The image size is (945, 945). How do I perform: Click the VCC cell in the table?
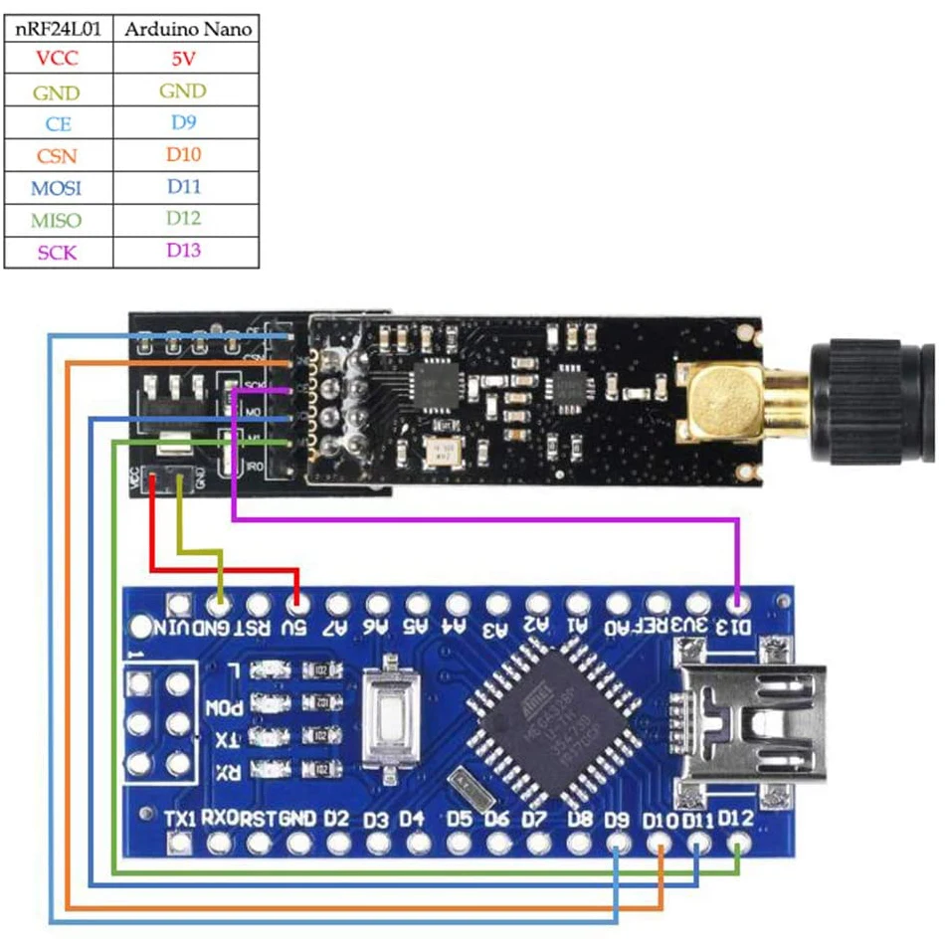[x=57, y=59]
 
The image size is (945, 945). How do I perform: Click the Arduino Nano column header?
[x=186, y=29]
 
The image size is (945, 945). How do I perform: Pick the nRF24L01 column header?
[x=58, y=29]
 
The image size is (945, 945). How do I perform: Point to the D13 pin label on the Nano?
[x=735, y=626]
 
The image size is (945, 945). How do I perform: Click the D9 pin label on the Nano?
[x=618, y=820]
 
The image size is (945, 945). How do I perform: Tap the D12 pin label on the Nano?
[x=736, y=818]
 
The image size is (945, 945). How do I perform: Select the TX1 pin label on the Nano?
[x=180, y=818]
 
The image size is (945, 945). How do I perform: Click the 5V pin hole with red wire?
[x=295, y=603]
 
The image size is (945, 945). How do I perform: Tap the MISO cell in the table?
[x=57, y=220]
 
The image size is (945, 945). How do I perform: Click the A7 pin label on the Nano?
[x=336, y=627]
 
